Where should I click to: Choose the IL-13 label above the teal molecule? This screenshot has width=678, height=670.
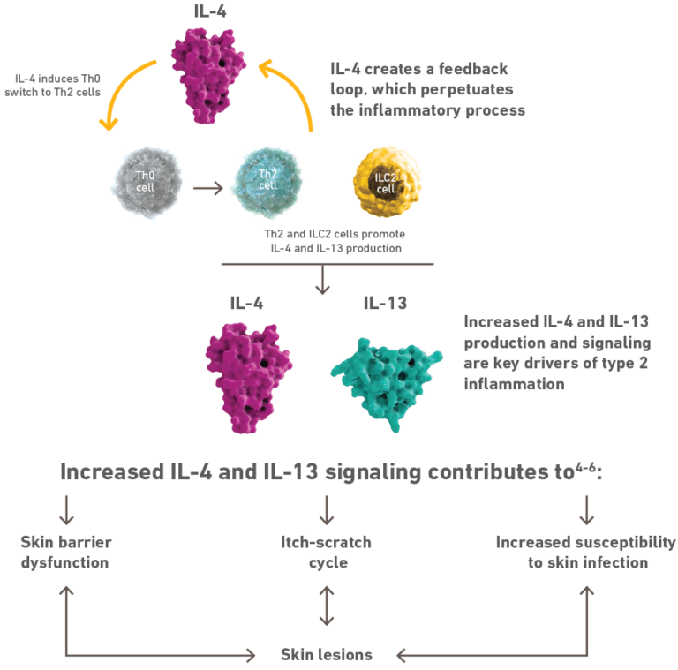[x=387, y=304]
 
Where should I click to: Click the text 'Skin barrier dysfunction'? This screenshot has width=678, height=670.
[x=66, y=552]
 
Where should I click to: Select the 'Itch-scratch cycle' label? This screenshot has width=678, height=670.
[x=327, y=552]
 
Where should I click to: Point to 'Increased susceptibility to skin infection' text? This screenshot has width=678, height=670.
[x=586, y=552]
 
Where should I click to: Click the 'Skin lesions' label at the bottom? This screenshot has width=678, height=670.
[x=327, y=655]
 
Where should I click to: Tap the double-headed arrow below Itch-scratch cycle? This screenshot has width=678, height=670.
[x=327, y=607]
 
